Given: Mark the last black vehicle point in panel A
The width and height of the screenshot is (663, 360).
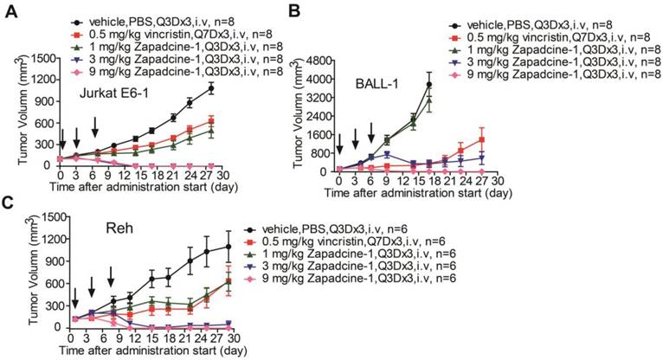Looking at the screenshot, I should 209,87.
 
